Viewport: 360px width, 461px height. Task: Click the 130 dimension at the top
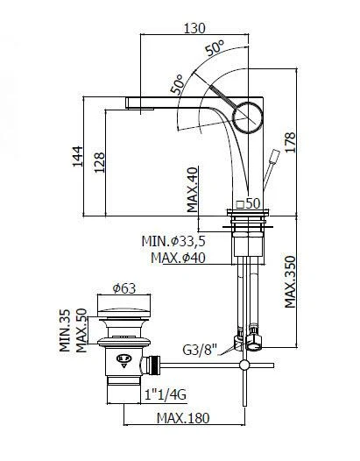[194, 28]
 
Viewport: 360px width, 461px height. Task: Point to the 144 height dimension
[78, 156]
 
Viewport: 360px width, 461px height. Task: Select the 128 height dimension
[99, 162]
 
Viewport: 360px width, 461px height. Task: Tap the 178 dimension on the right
[290, 142]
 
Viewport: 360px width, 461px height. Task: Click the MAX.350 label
[290, 282]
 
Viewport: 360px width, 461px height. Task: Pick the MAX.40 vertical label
[193, 189]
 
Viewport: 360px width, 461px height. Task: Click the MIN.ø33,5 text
[173, 241]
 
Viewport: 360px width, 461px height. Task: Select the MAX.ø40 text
[178, 258]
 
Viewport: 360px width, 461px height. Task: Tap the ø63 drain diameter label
[124, 288]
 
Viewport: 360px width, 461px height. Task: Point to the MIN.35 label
[65, 330]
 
